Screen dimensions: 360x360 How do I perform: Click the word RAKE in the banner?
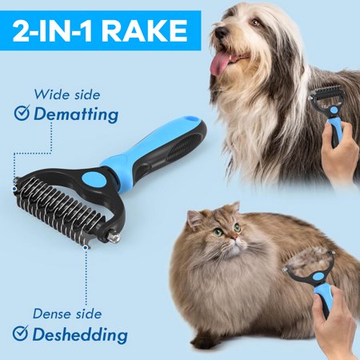tap(144, 30)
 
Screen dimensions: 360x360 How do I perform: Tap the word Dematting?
tap(76, 114)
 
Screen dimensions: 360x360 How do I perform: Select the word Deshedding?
tap(80, 334)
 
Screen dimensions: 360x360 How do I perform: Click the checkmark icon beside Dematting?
tap(22, 113)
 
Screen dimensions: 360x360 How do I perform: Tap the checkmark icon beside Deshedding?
tap(20, 333)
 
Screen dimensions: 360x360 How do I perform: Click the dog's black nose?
tap(221, 33)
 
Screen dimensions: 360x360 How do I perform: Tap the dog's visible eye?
tap(255, 22)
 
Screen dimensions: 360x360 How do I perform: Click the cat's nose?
tap(234, 237)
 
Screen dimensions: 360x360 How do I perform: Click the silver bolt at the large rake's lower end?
tap(114, 238)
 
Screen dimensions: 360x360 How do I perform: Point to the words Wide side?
tap(67, 94)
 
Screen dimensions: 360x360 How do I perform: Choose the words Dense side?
tap(67, 314)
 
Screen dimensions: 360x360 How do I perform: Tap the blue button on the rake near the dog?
tap(333, 110)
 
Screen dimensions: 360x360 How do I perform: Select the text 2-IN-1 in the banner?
tap(52, 30)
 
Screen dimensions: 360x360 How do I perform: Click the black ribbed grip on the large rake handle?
tap(183, 147)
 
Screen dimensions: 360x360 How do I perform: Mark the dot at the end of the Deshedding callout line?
tap(86, 248)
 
